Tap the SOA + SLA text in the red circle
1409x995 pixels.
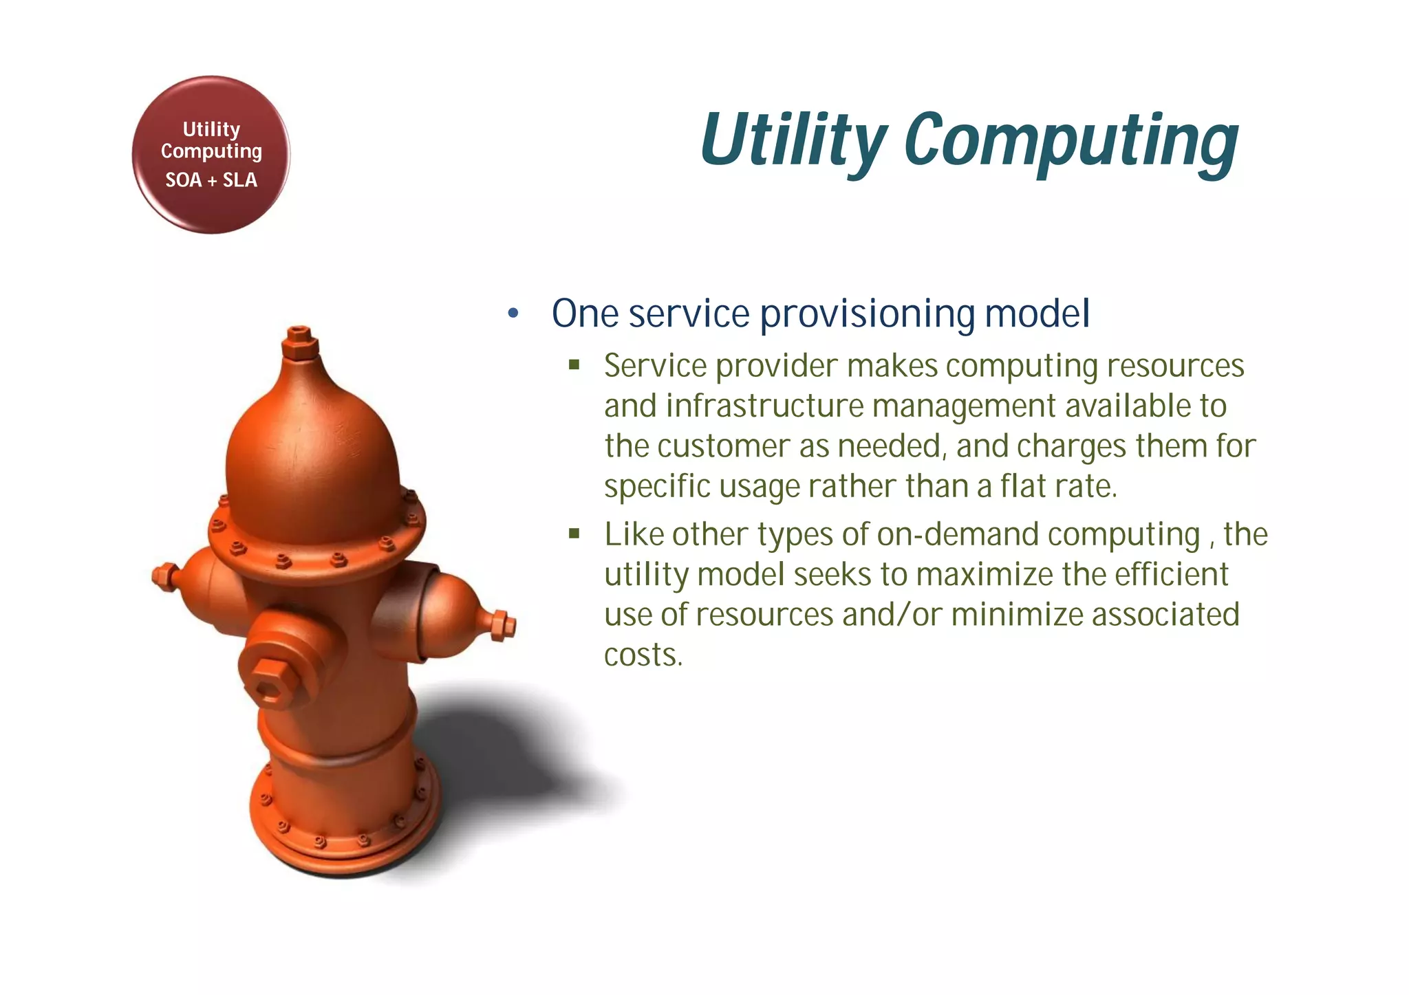coord(211,180)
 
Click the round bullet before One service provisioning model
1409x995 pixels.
coord(513,314)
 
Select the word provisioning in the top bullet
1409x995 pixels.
coord(867,314)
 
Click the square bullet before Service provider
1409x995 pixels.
coord(574,365)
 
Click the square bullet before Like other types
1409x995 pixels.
coord(574,534)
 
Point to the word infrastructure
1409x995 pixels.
coord(764,406)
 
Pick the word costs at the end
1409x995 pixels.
coord(643,655)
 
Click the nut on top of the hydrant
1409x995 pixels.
coord(300,342)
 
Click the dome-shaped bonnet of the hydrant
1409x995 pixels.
coord(313,454)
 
